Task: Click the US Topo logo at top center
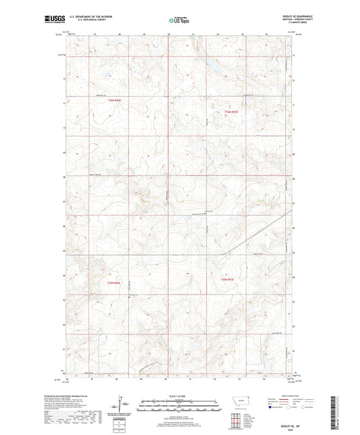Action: (179, 20)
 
